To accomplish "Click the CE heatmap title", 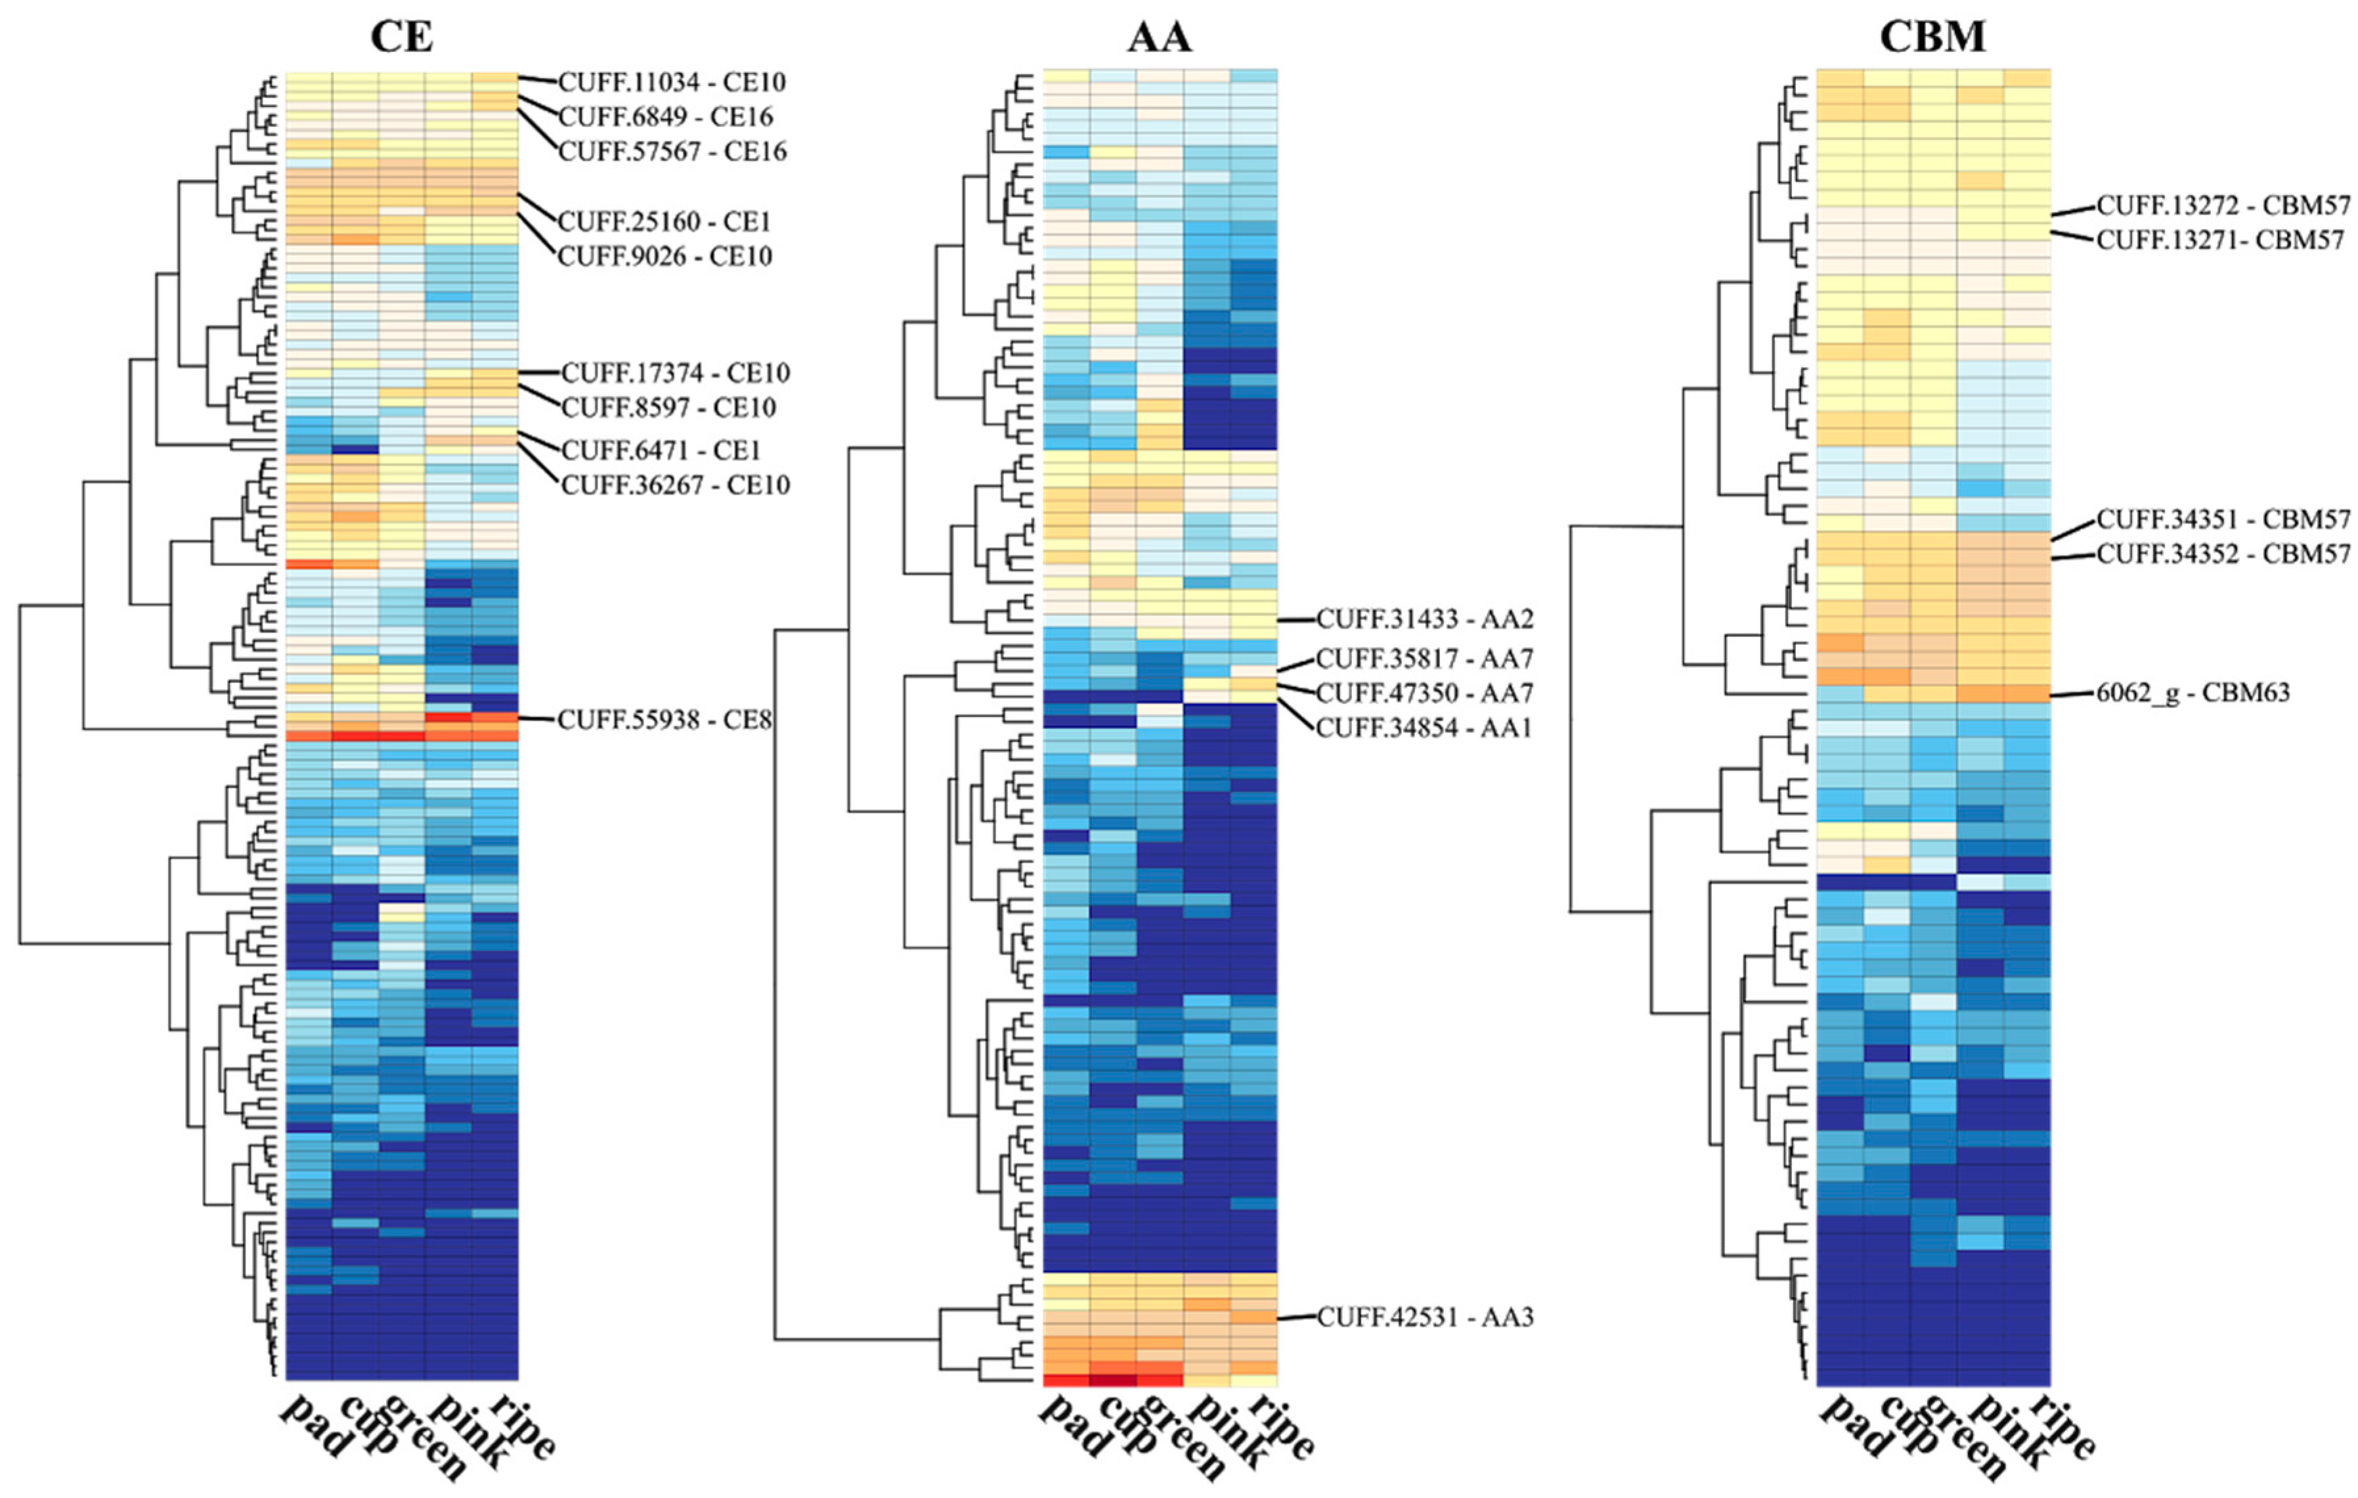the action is pyautogui.click(x=401, y=37).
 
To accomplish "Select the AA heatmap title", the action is pyautogui.click(x=1160, y=37).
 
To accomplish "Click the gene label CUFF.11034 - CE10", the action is pyautogui.click(x=672, y=82).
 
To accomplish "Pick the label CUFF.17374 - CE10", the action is pyautogui.click(x=676, y=373).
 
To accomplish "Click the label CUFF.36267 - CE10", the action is pyautogui.click(x=676, y=485).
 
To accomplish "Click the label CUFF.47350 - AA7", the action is pyautogui.click(x=1425, y=694).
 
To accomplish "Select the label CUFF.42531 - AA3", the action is pyautogui.click(x=1426, y=1318).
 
